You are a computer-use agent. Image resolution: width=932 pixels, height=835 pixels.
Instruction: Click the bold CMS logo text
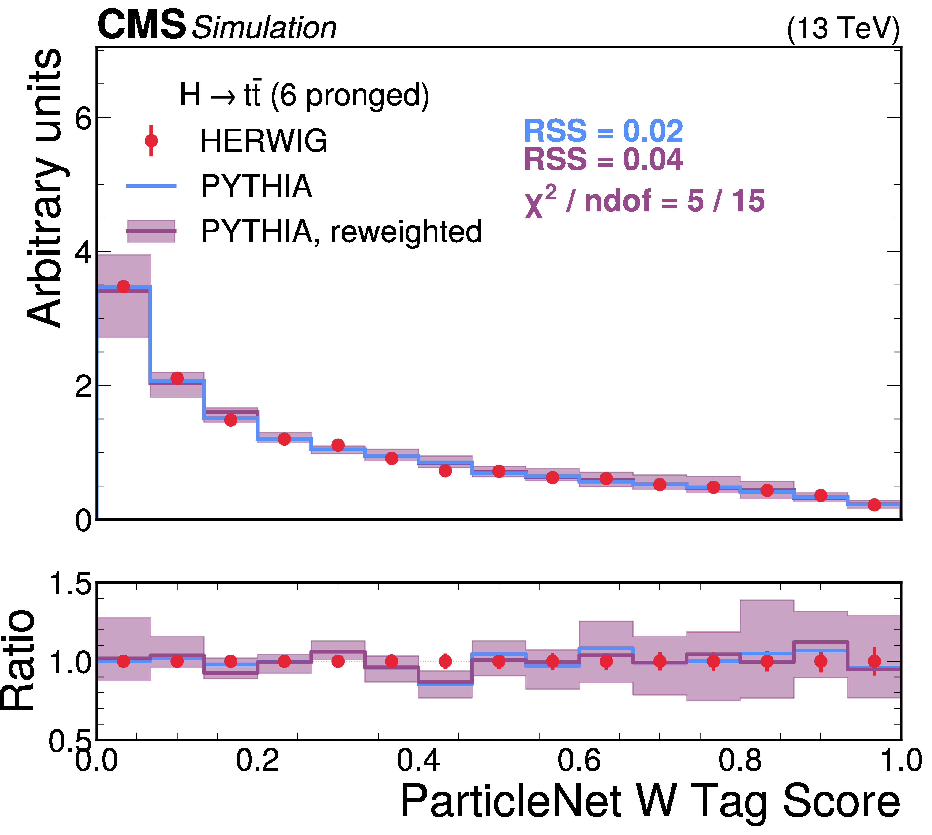tap(141, 25)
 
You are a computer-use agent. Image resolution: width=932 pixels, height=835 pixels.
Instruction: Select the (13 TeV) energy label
tap(843, 29)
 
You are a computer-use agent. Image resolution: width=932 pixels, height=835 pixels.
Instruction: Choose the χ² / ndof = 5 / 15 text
tap(645, 202)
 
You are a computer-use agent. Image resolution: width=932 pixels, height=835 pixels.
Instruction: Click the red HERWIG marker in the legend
tap(151, 140)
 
